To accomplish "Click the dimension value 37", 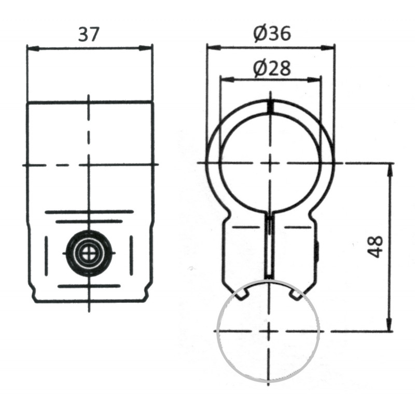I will point(88,34).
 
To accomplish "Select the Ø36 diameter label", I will point(271,34).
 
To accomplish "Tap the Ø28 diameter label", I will point(271,68).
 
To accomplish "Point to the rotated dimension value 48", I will point(375,246).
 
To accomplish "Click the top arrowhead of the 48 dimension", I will point(389,168).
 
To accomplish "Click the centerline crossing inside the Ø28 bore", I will point(269,163).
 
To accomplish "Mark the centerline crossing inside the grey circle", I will point(268,330).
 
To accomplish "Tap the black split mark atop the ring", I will point(270,106).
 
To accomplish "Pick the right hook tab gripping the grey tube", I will point(294,295).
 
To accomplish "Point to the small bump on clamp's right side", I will point(317,251).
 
